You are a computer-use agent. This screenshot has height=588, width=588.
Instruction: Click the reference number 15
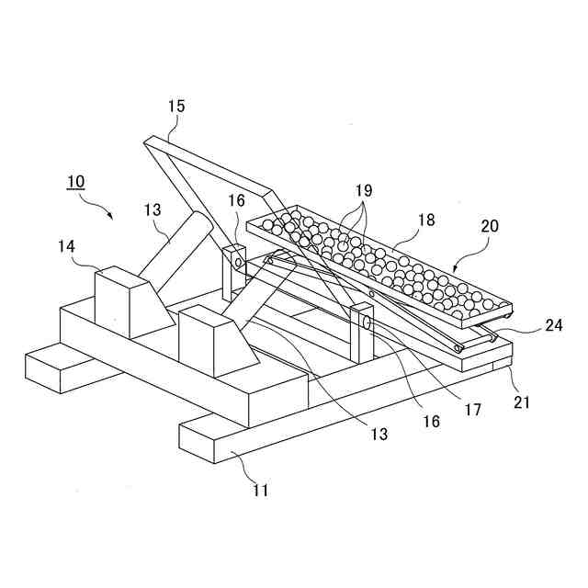(175, 107)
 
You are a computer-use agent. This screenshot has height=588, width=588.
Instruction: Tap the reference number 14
(66, 246)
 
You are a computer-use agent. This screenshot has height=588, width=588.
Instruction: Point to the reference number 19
(364, 190)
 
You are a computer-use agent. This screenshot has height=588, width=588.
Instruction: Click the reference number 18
(425, 220)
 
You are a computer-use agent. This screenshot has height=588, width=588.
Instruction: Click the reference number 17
(473, 411)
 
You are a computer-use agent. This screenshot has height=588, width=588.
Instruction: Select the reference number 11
(261, 491)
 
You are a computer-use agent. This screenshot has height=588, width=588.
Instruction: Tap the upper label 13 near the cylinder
(152, 209)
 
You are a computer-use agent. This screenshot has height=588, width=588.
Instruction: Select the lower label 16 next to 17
(431, 421)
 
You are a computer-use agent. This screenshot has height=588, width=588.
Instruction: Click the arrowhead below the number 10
(110, 217)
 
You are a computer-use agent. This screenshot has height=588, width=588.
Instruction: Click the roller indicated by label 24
(481, 339)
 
